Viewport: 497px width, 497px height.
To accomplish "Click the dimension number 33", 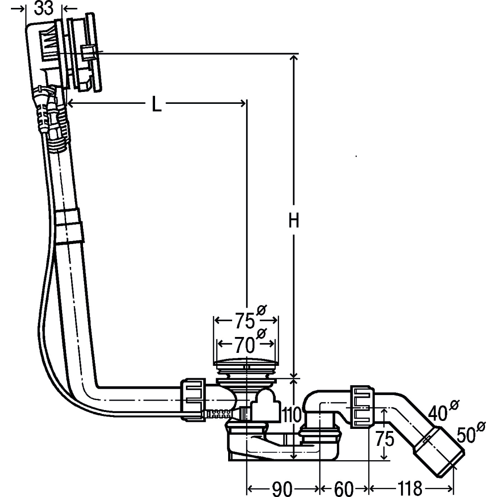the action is pyautogui.click(x=44, y=8).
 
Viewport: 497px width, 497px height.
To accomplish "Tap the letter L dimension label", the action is pyautogui.click(x=156, y=104).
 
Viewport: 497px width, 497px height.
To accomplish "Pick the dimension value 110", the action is pyautogui.click(x=291, y=414).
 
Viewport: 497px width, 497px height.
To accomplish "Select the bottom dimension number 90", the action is pyautogui.click(x=282, y=489).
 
